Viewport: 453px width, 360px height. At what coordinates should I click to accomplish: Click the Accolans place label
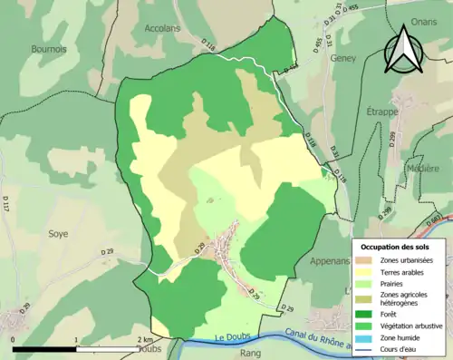pos(163,28)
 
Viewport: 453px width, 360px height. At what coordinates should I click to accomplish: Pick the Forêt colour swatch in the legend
pos(366,314)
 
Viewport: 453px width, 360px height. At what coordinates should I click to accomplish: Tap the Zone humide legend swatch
pos(366,339)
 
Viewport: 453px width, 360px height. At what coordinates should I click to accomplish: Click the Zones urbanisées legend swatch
pos(366,260)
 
